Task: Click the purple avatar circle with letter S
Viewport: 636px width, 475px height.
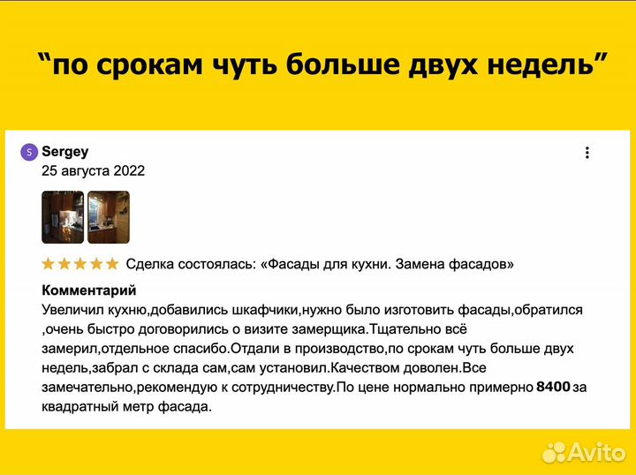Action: pos(29,152)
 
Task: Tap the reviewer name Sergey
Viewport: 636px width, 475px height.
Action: pos(65,152)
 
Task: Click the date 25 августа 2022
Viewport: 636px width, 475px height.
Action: pos(93,170)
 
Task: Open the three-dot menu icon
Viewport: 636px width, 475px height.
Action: pos(587,153)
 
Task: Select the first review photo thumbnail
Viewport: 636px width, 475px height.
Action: pos(63,217)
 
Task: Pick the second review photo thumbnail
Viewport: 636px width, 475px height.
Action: pos(109,217)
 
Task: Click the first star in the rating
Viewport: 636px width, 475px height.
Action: pos(48,264)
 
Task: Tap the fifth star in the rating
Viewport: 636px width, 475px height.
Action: pos(111,264)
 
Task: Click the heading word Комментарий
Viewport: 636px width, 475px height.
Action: pos(88,290)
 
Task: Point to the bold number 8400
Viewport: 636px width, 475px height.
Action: pos(553,387)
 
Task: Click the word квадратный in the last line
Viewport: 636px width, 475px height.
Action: pos(79,407)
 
